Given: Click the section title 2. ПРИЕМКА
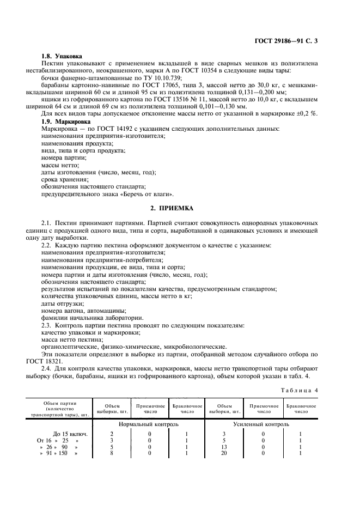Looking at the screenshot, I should pos(180,208).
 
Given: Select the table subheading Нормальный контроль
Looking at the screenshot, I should pos(149,424).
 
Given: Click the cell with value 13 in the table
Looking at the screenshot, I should pos(224,446).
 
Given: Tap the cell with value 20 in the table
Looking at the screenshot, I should pos(224,453).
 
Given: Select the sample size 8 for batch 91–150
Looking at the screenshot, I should pos(111,453).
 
